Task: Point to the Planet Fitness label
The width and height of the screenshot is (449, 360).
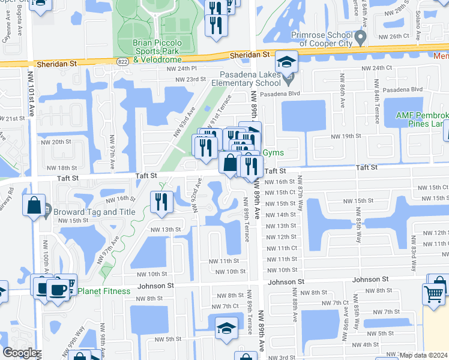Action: tap(104, 291)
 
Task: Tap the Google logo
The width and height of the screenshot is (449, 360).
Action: tap(20, 353)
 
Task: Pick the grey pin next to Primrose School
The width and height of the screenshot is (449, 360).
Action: tap(360, 39)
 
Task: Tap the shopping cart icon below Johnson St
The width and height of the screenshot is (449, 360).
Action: tap(434, 293)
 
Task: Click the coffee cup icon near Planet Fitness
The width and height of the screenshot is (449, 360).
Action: tap(58, 289)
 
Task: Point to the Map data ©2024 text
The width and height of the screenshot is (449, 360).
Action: tap(424, 355)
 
